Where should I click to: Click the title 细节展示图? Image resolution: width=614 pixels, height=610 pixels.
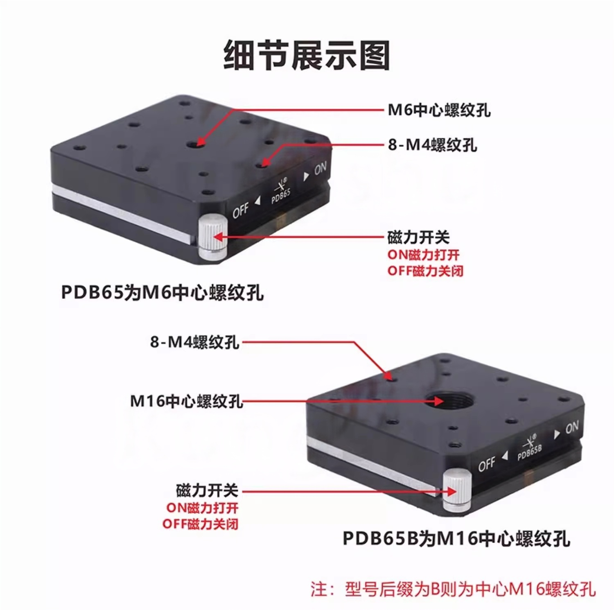pos(307,55)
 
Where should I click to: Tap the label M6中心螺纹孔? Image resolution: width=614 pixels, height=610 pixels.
pos(439,110)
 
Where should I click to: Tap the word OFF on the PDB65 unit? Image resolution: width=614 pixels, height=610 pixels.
pos(240,210)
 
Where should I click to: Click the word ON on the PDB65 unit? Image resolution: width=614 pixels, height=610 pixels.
pos(321,168)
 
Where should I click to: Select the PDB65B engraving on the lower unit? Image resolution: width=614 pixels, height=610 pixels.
pos(530,452)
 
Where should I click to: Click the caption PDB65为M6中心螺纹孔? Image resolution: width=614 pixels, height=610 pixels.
pos(162,293)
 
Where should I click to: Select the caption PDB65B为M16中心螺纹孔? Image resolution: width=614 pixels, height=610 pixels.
pos(456,538)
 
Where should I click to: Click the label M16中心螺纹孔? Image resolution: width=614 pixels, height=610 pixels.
pos(186,401)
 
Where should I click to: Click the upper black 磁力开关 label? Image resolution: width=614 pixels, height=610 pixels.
pos(418,237)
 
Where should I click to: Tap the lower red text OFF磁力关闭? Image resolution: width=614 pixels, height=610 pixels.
pos(201,524)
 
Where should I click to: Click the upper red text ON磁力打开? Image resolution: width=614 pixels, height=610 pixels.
pos(424,255)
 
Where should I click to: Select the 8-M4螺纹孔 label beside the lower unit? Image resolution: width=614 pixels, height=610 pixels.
pos(194,342)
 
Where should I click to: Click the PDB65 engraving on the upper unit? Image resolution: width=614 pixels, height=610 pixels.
pos(281,194)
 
